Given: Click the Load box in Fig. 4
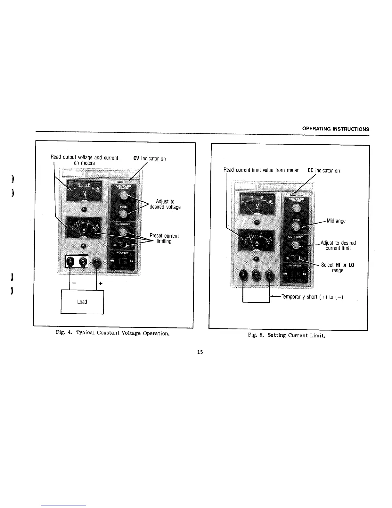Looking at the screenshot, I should (82, 302).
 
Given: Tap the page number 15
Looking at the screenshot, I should (200, 352).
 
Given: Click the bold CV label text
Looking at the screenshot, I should (136, 158).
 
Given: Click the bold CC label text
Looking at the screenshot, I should (310, 171).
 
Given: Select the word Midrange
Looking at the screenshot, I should (336, 221).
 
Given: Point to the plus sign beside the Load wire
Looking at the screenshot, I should (101, 284).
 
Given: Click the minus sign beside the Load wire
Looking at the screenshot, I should (74, 284).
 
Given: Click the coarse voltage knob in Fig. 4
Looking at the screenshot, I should (122, 195).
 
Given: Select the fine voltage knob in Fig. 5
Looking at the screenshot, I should (296, 227).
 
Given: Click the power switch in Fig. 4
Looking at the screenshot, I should (123, 261).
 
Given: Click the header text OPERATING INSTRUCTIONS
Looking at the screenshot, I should (336, 129).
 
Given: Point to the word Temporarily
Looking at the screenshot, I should (293, 297).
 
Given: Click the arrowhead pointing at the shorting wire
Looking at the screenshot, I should (272, 297).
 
